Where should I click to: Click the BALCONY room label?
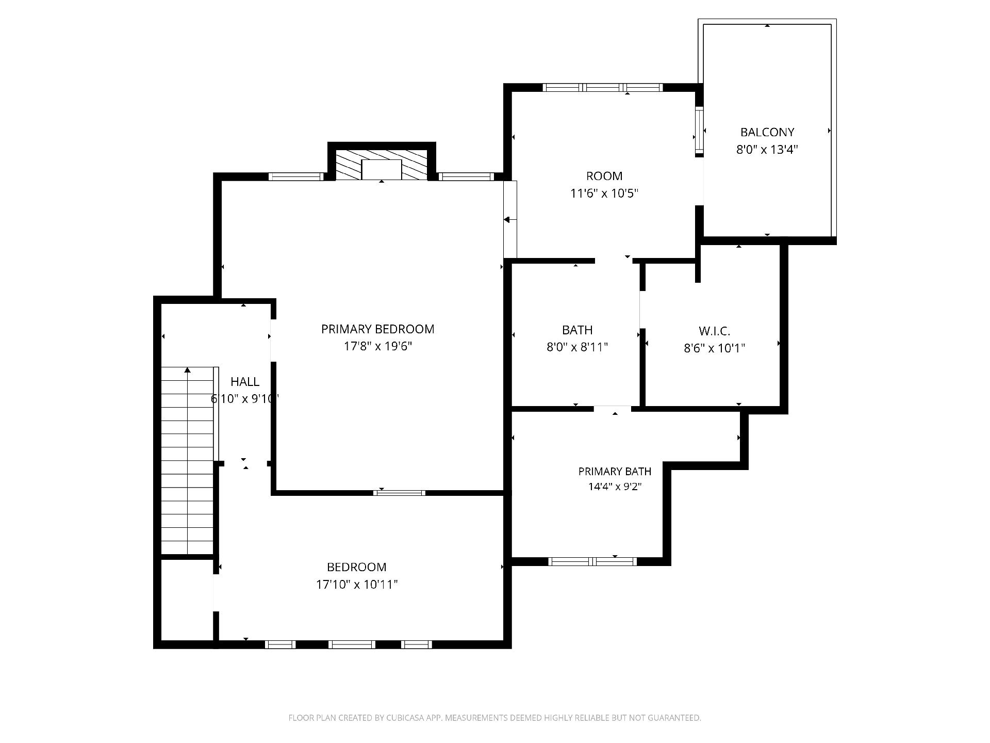pos(767,132)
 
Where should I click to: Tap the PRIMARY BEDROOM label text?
pos(377,329)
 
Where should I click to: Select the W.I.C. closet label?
pos(714,331)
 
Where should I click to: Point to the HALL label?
pos(245,382)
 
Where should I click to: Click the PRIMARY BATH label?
pos(615,471)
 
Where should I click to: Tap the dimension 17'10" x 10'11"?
pos(357,585)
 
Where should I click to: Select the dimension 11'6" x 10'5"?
pos(604,193)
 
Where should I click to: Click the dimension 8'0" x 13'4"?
pos(767,150)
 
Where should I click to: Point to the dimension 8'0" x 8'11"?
pos(577,347)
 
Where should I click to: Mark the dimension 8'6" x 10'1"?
pos(714,348)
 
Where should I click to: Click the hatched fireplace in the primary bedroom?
pos(382,165)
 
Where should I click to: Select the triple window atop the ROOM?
pos(603,88)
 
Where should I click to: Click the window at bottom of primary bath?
pos(592,561)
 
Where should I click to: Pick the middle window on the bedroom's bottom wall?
pos(352,644)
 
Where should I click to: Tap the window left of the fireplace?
pos(296,176)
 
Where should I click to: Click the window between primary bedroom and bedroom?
pos(400,493)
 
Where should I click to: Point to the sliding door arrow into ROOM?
pos(510,220)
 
